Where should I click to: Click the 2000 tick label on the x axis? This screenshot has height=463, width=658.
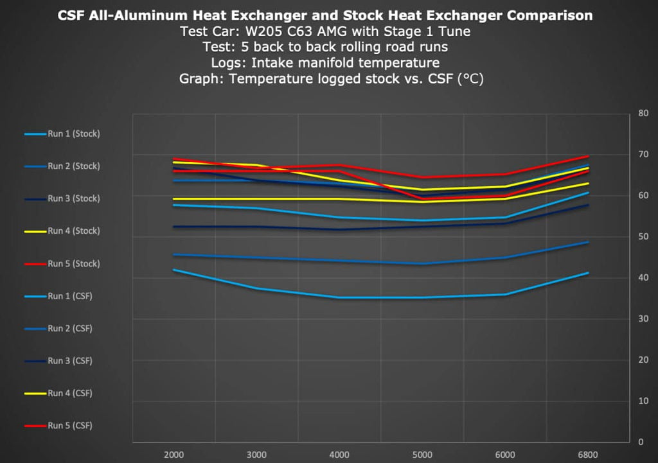point(174,455)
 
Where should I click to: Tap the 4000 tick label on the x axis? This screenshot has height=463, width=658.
point(339,455)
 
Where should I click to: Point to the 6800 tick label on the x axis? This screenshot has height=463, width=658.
point(587,455)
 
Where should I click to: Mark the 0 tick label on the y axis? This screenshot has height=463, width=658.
point(641,442)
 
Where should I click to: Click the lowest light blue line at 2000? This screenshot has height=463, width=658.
point(174,270)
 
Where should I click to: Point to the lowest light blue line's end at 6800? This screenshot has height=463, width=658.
point(587,273)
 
